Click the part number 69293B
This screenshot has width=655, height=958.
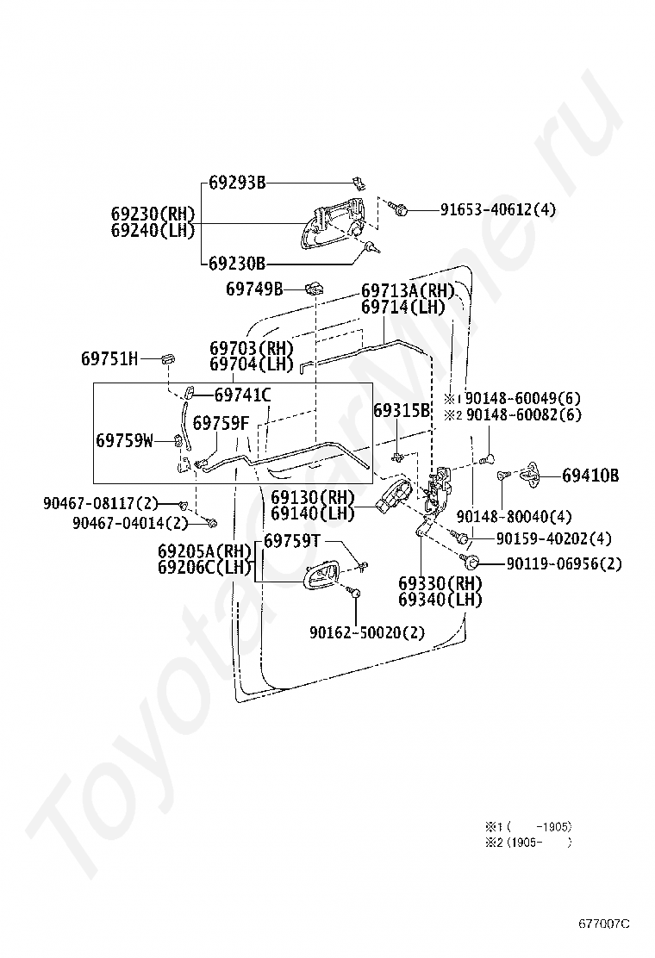pyautogui.click(x=237, y=183)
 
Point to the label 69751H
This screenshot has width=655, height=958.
pyautogui.click(x=109, y=358)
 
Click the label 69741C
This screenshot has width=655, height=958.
pyautogui.click(x=243, y=395)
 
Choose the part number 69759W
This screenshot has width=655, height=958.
pyautogui.click(x=124, y=440)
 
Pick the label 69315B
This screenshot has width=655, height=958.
pyautogui.click(x=401, y=411)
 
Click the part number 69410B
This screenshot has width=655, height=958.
pyautogui.click(x=590, y=475)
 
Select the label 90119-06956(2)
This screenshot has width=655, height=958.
pyautogui.click(x=563, y=564)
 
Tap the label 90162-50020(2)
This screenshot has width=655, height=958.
pyautogui.click(x=368, y=631)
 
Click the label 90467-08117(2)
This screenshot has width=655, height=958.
pyautogui.click(x=101, y=502)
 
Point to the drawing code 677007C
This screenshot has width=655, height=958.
pyautogui.click(x=604, y=924)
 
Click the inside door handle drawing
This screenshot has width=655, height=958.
pyautogui.click(x=318, y=572)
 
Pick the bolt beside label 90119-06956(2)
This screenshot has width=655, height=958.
pyautogui.click(x=471, y=563)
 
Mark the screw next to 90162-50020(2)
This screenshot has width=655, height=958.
pyautogui.click(x=354, y=593)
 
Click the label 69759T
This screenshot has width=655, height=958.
pyautogui.click(x=291, y=541)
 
